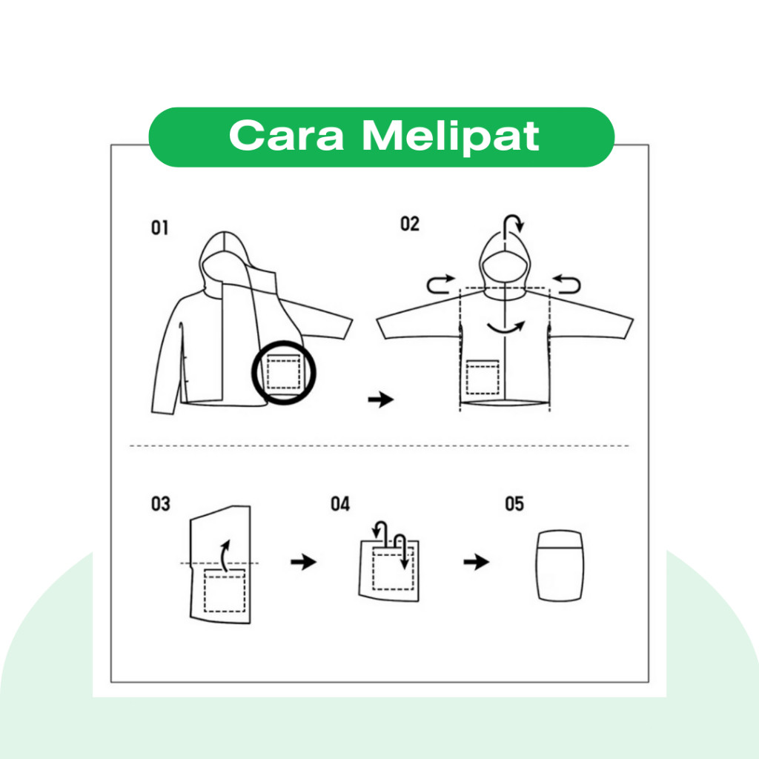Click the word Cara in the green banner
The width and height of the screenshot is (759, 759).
click(x=287, y=136)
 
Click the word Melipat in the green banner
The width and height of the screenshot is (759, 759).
click(x=451, y=137)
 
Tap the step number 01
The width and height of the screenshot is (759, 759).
click(x=160, y=228)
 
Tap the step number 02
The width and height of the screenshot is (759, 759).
click(x=409, y=224)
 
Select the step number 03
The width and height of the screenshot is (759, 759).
click(x=161, y=503)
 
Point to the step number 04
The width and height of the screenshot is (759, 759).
click(x=340, y=504)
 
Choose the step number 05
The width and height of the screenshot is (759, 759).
click(x=514, y=503)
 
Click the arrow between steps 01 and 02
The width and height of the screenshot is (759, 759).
click(x=381, y=400)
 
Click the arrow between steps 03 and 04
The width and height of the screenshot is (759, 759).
click(x=303, y=562)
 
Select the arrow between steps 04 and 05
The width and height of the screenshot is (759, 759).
click(x=477, y=562)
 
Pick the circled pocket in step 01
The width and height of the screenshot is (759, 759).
click(x=284, y=373)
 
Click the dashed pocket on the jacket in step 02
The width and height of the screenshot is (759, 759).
click(x=482, y=377)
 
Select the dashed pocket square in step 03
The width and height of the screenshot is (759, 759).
click(x=224, y=591)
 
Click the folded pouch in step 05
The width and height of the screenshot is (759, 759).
click(x=560, y=566)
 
